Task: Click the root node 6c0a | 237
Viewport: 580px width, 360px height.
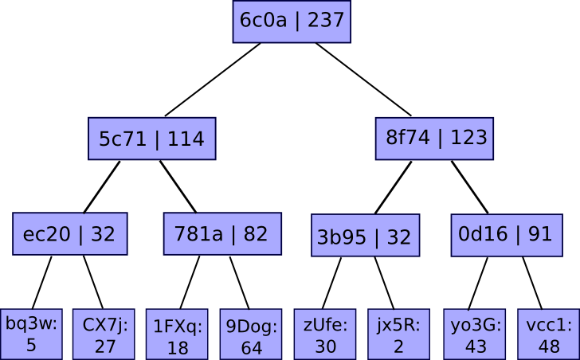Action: tap(292, 21)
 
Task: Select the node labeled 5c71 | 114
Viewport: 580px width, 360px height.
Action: tap(151, 139)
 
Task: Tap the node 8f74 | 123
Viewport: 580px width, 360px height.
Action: tap(436, 138)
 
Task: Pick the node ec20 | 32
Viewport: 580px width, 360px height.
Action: tap(69, 234)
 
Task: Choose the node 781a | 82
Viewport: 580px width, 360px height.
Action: tap(222, 233)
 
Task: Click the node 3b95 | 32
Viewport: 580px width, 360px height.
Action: tap(365, 236)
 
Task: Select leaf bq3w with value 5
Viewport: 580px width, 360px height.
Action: tap(31, 334)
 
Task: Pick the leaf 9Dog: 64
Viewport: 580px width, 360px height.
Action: tap(251, 335)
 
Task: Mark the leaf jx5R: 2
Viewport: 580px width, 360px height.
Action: tap(398, 334)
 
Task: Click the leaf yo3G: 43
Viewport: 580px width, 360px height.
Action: tap(476, 334)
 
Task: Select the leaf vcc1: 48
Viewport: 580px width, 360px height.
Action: tap(548, 334)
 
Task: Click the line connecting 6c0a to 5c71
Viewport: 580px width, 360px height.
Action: tap(212, 80)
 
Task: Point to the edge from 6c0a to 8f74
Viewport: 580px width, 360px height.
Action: tap(363, 80)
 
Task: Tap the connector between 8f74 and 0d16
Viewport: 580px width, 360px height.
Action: tap(469, 187)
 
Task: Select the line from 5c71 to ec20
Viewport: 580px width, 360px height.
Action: tap(102, 186)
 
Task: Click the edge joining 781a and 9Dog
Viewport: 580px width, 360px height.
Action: tap(239, 282)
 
